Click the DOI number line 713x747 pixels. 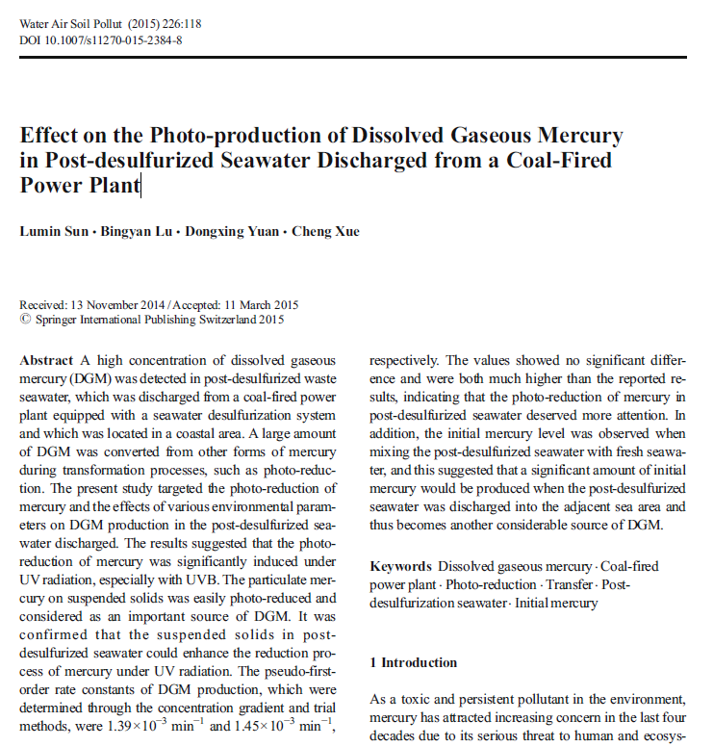click(101, 40)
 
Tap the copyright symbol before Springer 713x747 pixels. click(25, 321)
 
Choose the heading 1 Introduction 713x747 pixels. click(414, 663)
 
